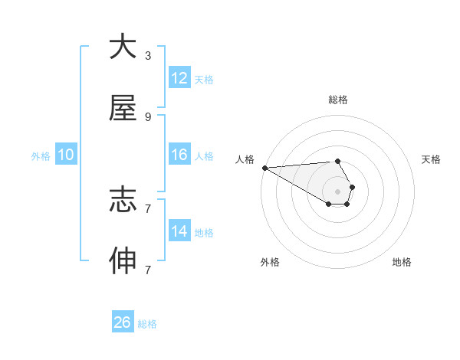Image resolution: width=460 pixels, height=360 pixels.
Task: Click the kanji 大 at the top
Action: (123, 47)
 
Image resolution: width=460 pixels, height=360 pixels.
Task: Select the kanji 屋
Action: (123, 109)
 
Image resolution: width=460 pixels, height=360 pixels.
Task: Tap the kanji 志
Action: (123, 200)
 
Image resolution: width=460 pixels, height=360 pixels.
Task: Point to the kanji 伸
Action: (123, 261)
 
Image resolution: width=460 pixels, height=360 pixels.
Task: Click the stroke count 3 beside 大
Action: (147, 55)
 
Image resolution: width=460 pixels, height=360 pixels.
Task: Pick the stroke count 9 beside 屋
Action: (147, 116)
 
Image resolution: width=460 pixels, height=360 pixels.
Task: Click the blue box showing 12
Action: (179, 78)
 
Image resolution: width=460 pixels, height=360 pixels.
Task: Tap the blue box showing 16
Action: (179, 155)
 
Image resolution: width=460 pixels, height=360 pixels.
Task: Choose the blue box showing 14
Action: (179, 231)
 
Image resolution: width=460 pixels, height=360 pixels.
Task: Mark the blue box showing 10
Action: (66, 155)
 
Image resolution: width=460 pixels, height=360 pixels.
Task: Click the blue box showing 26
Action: (123, 323)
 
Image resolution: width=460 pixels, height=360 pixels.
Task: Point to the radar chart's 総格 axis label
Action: (337, 100)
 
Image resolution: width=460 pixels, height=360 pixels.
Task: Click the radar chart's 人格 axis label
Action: (244, 159)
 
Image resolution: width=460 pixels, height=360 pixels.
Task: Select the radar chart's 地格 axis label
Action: (402, 262)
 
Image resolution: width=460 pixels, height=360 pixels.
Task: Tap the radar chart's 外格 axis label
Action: (270, 262)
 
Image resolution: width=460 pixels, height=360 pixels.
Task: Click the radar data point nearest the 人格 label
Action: (264, 168)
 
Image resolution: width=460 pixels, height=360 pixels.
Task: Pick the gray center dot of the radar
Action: (337, 191)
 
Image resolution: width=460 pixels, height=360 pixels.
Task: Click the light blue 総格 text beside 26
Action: (147, 324)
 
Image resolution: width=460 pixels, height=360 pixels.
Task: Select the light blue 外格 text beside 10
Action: (41, 155)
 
